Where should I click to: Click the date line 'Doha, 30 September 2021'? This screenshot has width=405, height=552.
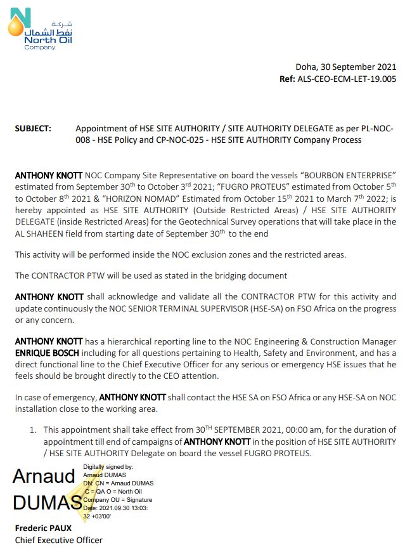click(345, 67)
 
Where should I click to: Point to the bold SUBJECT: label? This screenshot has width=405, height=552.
click(32, 128)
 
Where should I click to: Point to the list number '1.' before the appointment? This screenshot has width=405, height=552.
click(32, 430)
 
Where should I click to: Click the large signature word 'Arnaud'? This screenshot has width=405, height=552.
click(44, 476)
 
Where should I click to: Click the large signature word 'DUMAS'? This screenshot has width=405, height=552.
click(47, 503)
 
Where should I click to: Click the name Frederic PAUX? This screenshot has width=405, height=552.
click(43, 528)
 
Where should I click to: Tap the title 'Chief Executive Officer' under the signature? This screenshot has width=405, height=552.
click(58, 540)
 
